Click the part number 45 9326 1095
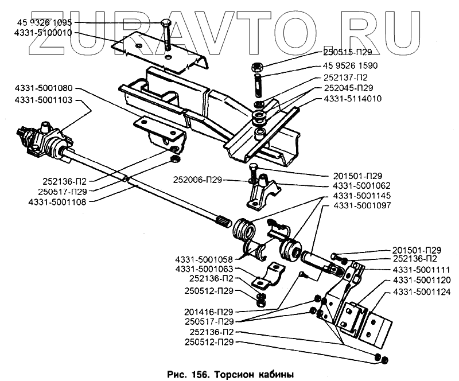(x=44, y=22)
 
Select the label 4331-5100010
(x=43, y=33)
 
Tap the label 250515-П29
(x=348, y=52)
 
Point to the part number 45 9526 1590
(x=351, y=65)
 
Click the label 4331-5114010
(x=353, y=98)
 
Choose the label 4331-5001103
(x=44, y=100)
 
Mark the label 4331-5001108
(x=57, y=202)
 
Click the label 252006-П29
(x=197, y=180)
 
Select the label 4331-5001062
(x=362, y=186)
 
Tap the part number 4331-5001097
(x=362, y=205)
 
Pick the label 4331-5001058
(x=204, y=259)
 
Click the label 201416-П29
(x=209, y=312)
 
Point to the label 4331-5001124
(x=422, y=292)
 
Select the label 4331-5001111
(x=422, y=269)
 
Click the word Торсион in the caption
(x=236, y=374)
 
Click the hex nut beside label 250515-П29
(x=257, y=67)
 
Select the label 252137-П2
(x=345, y=77)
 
